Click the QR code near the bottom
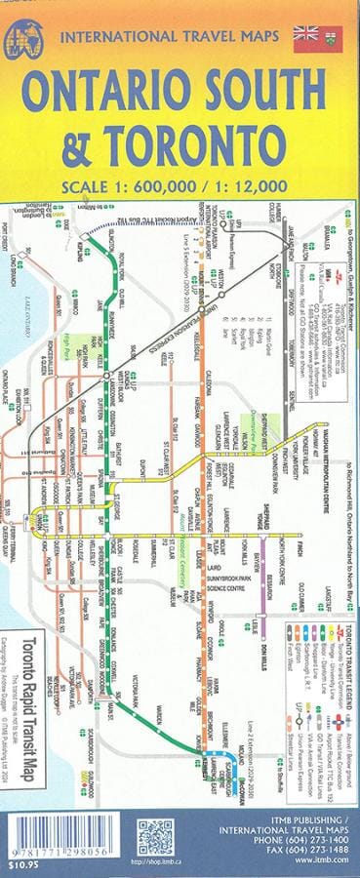click(154, 837)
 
